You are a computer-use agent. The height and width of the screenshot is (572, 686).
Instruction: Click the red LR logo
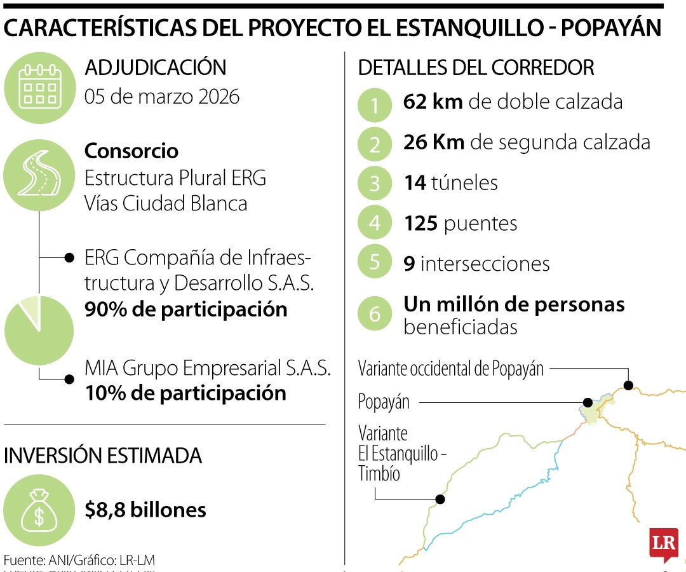click(663, 545)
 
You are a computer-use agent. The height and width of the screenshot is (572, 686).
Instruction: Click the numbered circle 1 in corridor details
click(375, 106)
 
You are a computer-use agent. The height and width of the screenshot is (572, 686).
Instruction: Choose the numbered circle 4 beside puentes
click(375, 223)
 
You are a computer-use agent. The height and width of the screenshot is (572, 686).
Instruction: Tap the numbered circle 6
click(375, 314)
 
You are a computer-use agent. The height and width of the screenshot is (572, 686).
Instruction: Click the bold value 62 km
click(433, 102)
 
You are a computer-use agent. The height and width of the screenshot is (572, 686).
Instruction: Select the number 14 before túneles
click(414, 183)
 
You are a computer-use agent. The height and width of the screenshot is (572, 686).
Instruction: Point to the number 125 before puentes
click(420, 223)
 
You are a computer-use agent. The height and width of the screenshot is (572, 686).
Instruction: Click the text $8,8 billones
click(145, 510)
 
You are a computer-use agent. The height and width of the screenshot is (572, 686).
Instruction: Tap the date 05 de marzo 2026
click(162, 97)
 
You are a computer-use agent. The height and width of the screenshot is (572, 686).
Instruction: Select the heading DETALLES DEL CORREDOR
click(476, 67)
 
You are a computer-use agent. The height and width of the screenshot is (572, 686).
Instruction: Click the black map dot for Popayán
click(588, 402)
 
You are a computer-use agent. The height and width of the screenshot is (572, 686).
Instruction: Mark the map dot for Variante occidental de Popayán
click(628, 385)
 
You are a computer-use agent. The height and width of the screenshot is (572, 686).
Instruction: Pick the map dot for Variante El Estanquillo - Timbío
click(440, 500)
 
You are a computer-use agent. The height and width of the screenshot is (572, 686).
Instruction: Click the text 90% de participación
click(185, 310)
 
